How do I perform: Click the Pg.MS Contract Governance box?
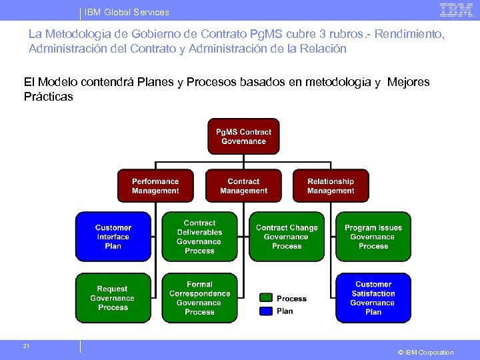[243, 137]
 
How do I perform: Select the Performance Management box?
[155, 186]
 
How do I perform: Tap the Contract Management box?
[243, 186]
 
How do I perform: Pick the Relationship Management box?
[331, 186]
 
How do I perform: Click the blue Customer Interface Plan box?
[113, 237]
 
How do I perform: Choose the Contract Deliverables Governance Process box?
[199, 237]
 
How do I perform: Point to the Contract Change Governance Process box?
[287, 237]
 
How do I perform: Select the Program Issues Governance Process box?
[373, 237]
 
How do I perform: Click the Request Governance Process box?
[113, 298]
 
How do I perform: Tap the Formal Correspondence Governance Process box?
[199, 298]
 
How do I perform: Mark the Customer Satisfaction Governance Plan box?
[373, 298]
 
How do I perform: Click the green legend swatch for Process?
[266, 298]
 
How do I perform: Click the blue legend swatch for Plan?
[266, 310]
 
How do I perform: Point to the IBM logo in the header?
[456, 10]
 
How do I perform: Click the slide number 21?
[26, 346]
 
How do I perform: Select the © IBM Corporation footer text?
[425, 352]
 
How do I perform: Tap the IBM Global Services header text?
[127, 12]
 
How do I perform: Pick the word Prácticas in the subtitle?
[48, 97]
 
